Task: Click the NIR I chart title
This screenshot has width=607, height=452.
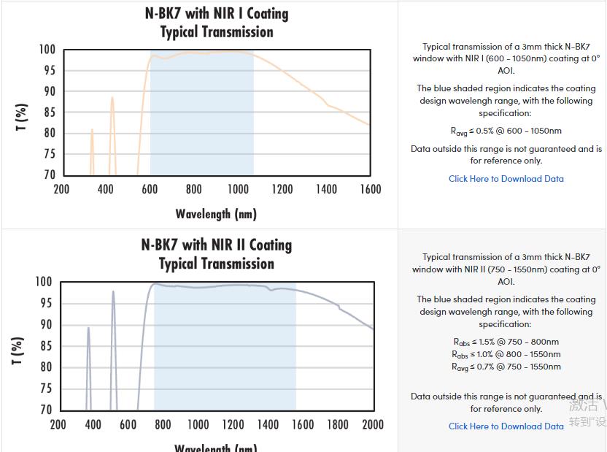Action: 217,23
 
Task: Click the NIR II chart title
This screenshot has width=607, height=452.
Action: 217,254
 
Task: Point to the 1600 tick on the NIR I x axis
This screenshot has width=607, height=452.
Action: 371,190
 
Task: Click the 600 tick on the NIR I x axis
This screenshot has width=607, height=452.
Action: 150,190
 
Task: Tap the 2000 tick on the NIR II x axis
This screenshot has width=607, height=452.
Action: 373,425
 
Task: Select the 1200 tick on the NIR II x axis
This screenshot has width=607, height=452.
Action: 233,425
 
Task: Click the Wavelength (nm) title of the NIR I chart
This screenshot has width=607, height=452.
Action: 216,214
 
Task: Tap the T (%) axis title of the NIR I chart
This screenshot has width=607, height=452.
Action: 22,118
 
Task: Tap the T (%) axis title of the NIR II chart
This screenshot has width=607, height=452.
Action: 18,351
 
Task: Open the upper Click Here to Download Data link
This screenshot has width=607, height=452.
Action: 506,179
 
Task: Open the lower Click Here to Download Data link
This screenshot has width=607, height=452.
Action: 506,426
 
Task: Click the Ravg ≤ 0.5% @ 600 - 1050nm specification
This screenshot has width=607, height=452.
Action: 506,131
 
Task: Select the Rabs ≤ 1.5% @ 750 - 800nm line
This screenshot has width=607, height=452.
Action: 506,342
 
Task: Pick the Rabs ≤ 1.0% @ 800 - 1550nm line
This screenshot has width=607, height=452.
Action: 506,354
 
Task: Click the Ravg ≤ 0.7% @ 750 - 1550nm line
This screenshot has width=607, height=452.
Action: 506,367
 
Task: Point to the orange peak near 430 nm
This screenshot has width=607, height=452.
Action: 112,98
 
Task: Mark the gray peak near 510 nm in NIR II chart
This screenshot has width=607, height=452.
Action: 113,292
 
